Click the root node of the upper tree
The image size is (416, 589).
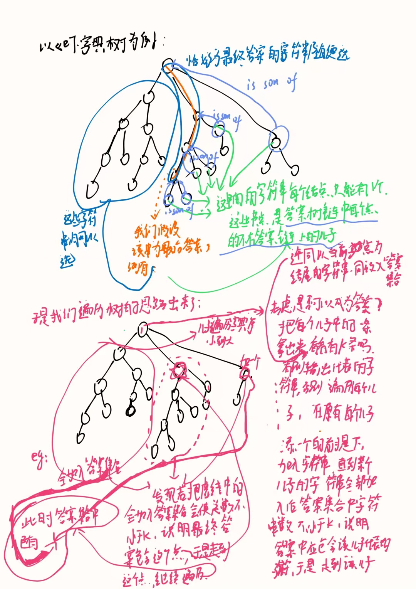[x=168, y=64]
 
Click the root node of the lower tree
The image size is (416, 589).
[x=143, y=330]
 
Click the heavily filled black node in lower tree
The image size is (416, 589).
[x=131, y=411]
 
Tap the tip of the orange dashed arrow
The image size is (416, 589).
[x=155, y=218]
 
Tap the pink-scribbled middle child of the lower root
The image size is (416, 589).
[x=179, y=370]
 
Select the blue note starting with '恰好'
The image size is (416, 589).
[x=268, y=58]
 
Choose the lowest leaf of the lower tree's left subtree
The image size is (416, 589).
[x=81, y=438]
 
